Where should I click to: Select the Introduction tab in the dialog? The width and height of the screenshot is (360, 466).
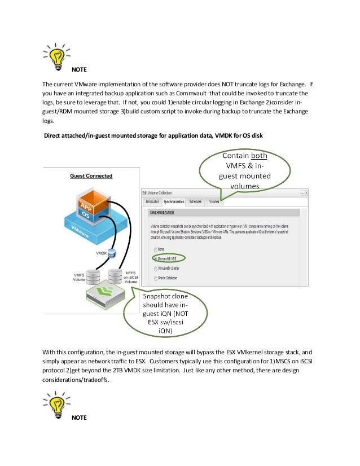tap(152, 201)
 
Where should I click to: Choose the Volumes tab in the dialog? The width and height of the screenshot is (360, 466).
tap(214, 201)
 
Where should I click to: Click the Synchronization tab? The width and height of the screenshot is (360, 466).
tap(174, 201)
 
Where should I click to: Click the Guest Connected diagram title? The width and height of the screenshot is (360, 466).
tap(91, 176)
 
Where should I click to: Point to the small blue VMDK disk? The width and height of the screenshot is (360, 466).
tap(111, 253)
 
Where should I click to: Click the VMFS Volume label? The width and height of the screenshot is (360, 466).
tap(80, 277)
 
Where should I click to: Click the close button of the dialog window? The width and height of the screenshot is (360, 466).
tap(305, 192)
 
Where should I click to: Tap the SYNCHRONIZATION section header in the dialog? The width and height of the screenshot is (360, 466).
tap(162, 213)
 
